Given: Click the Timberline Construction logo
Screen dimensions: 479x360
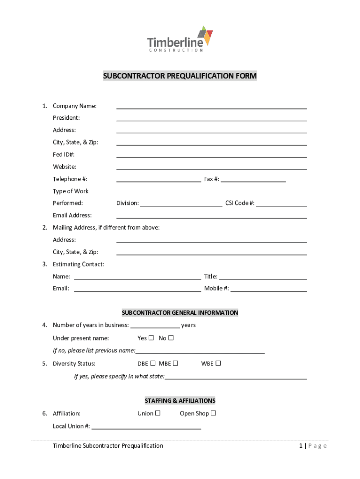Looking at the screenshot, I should pyautogui.click(x=180, y=39).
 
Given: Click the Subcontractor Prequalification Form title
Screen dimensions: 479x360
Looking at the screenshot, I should pyautogui.click(x=180, y=76).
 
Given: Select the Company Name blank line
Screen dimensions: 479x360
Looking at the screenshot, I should pyautogui.click(x=211, y=106).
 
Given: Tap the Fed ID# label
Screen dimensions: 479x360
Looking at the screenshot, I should pyautogui.click(x=64, y=154).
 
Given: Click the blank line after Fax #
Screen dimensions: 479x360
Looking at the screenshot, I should pyautogui.click(x=253, y=179).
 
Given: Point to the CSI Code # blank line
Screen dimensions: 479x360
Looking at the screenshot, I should pyautogui.click(x=281, y=203).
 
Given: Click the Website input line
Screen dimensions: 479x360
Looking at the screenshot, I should pyautogui.click(x=211, y=167).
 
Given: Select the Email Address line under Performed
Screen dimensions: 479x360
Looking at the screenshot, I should pyautogui.click(x=211, y=216).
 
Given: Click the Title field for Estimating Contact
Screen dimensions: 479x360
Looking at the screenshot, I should pyautogui.click(x=263, y=277).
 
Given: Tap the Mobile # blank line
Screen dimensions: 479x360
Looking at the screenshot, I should pyautogui.click(x=268, y=289).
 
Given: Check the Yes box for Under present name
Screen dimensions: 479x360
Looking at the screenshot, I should pyautogui.click(x=151, y=338).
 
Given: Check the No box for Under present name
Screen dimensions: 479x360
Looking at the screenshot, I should pyautogui.click(x=171, y=338).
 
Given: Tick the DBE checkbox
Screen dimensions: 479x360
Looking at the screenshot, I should pyautogui.click(x=153, y=363).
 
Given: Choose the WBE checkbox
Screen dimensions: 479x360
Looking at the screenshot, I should pyautogui.click(x=218, y=363).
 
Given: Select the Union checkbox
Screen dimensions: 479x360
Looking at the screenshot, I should pyautogui.click(x=158, y=413).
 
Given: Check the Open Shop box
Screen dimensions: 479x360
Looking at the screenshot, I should pyautogui.click(x=213, y=413).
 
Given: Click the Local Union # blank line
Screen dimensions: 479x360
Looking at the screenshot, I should pyautogui.click(x=146, y=427).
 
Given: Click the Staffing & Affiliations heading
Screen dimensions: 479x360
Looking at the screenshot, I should pyautogui.click(x=180, y=401).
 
